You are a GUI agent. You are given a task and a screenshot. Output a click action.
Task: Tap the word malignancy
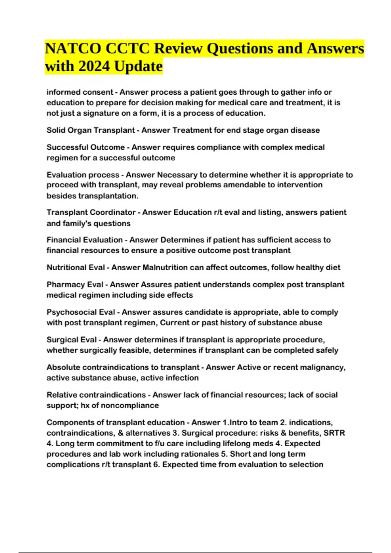[x=322, y=367]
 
